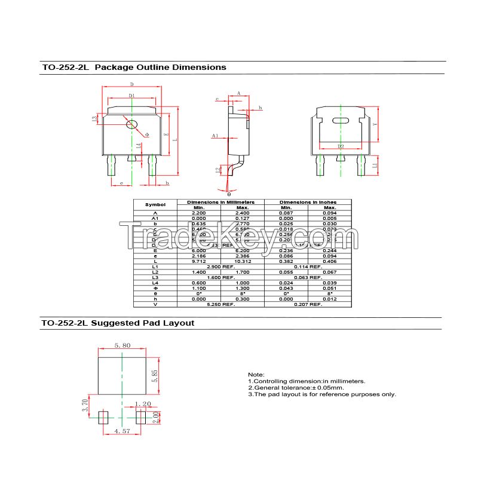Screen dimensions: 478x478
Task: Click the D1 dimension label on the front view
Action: click(x=131, y=96)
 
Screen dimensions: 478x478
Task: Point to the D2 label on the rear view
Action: click(x=341, y=146)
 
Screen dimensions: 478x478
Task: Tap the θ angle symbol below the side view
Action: click(x=228, y=194)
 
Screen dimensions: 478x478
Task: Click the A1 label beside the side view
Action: click(x=215, y=136)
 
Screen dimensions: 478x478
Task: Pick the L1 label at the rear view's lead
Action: click(x=375, y=166)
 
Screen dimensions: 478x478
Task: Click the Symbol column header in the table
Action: click(x=155, y=205)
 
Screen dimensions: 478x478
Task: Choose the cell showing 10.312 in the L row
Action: click(x=242, y=262)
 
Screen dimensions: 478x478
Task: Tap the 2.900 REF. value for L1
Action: click(x=220, y=266)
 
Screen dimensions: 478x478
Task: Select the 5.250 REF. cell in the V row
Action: click(x=220, y=304)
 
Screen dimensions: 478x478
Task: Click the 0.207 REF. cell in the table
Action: click(x=308, y=304)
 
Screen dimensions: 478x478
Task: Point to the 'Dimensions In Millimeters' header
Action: click(x=220, y=203)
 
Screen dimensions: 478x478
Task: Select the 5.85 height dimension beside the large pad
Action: click(x=154, y=376)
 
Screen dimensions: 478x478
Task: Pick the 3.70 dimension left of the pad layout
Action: click(x=85, y=406)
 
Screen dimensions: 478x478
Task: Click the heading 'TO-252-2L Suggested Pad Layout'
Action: click(x=118, y=323)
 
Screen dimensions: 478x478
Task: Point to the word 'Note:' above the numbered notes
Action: click(x=256, y=374)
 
